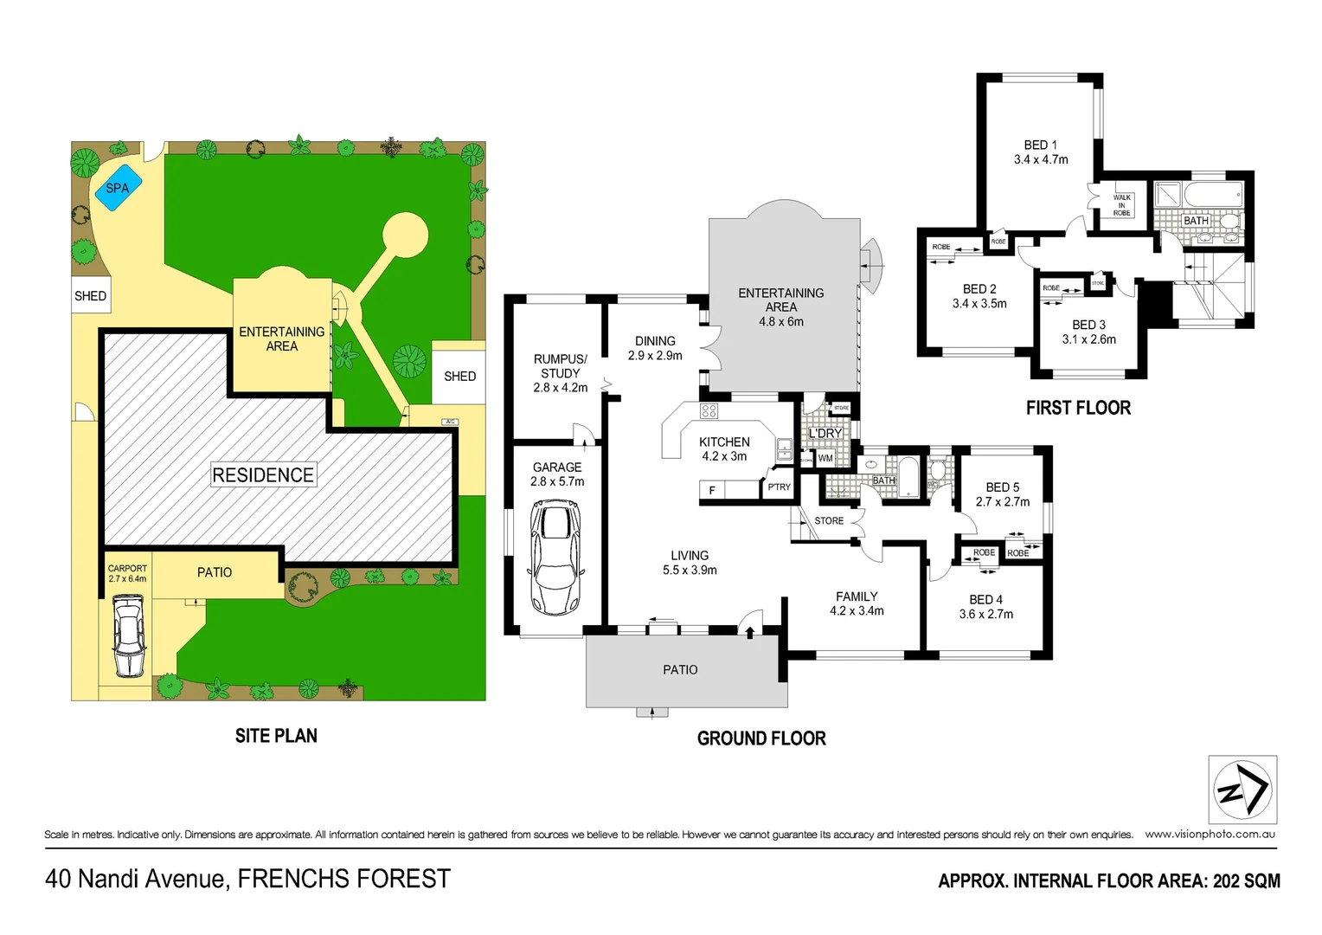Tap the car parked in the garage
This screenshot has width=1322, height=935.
click(554, 558)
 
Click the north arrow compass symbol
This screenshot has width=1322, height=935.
click(1242, 790)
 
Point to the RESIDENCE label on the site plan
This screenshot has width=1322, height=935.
click(263, 474)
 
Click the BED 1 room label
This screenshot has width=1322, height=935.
click(1040, 145)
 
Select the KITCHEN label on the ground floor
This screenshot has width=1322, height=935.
click(724, 442)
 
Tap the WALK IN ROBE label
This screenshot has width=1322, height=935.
click(1121, 205)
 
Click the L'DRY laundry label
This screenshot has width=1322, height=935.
click(825, 433)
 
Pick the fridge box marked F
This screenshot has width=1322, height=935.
click(712, 491)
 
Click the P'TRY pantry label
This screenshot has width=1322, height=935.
click(779, 487)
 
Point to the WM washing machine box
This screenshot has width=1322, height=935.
click(825, 459)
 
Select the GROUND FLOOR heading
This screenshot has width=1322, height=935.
click(761, 738)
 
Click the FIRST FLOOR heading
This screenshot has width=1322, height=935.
click(1078, 408)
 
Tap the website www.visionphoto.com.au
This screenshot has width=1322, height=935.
click(1210, 835)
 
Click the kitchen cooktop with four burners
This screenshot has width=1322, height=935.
click(709, 410)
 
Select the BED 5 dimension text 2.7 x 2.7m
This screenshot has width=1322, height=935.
click(1003, 502)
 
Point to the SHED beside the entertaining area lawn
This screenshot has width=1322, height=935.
click(459, 376)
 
